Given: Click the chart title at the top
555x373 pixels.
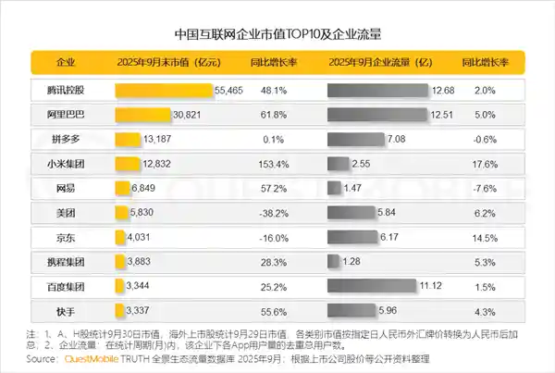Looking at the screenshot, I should [x=277, y=33].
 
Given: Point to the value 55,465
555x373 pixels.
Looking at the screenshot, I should [x=228, y=91].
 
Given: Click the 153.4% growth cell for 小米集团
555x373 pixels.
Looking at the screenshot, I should [x=271, y=164].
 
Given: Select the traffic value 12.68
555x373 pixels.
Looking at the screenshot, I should [x=443, y=91].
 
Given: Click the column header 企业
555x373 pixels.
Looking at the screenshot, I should [x=66, y=64].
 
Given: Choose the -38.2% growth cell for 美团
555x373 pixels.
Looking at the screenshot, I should [x=271, y=212].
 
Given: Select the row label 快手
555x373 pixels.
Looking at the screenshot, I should [x=66, y=309].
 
